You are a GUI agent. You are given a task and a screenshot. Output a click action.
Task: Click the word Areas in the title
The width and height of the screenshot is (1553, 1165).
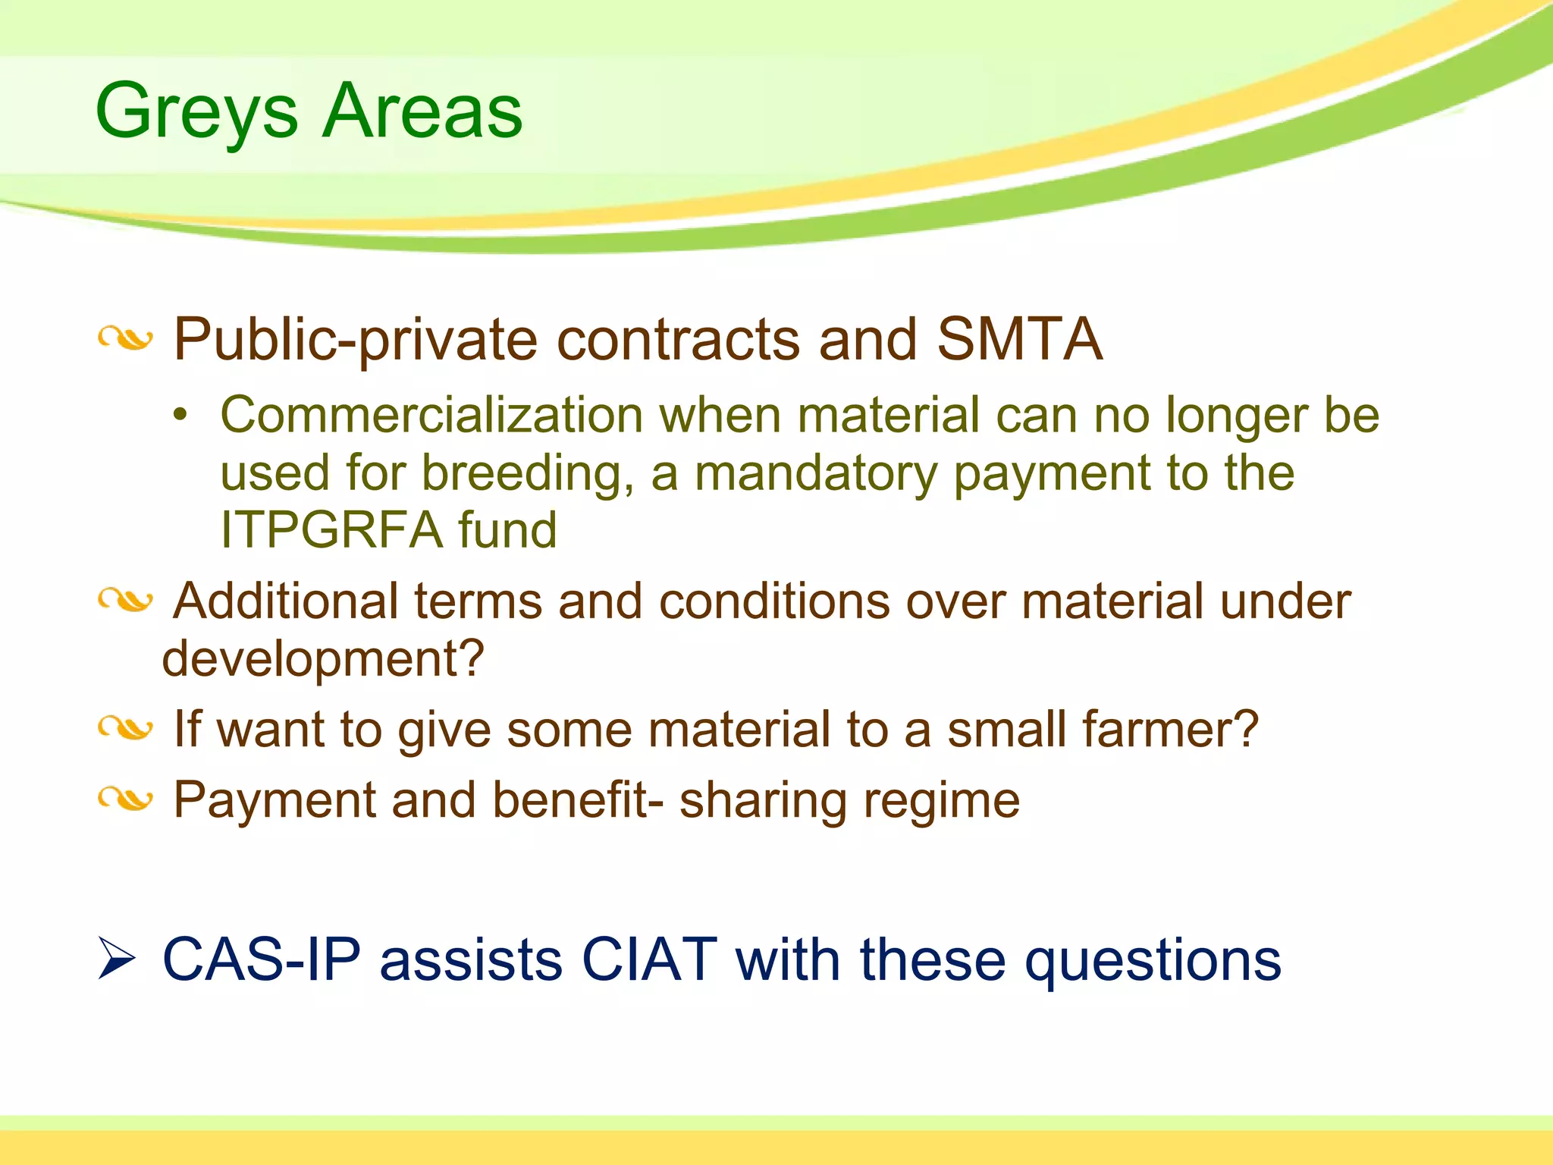coord(422,111)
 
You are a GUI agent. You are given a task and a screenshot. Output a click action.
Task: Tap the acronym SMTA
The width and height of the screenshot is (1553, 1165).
coord(1019,339)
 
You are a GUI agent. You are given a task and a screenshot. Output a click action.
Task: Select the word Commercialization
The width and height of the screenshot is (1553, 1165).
coord(431,416)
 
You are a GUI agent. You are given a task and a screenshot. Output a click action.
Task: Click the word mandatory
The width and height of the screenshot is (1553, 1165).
coord(816,473)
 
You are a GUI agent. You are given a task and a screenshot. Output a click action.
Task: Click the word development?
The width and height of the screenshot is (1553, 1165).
coord(322,659)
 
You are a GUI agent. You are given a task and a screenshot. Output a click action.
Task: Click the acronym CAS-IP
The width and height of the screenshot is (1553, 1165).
coord(262,960)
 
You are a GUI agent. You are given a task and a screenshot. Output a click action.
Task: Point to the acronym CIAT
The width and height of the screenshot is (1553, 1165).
coord(649,960)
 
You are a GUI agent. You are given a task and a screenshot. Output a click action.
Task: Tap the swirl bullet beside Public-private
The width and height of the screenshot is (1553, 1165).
coord(125,339)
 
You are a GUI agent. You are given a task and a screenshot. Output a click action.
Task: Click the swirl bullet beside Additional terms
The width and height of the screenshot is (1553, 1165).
coord(125,601)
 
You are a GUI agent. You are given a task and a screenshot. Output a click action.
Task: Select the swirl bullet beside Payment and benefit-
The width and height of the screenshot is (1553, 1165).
coord(125,799)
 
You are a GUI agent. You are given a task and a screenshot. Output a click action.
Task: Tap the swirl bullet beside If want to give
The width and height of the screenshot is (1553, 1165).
coord(125,729)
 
